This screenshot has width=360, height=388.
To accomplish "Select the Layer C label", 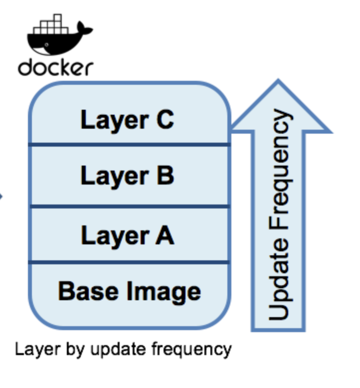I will [127, 120].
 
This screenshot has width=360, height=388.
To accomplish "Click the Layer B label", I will [127, 176].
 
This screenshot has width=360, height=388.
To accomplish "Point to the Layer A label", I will [127, 234].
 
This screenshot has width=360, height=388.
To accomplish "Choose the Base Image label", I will [129, 290].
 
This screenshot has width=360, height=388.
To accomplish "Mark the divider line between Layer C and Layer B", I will [129, 145].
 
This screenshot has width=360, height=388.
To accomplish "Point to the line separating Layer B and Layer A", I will [129, 206].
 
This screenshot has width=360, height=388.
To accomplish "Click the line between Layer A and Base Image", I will [129, 262].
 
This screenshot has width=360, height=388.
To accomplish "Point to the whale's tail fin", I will [84, 31].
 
